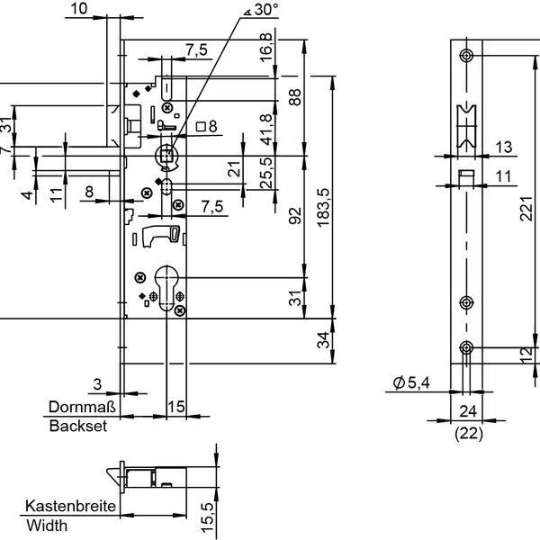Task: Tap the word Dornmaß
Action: [x=78, y=407]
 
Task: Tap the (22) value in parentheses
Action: [x=468, y=434]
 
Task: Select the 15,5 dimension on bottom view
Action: [x=207, y=517]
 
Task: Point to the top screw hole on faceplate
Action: [x=466, y=57]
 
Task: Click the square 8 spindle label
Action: [x=206, y=127]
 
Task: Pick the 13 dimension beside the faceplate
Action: [x=502, y=147]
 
